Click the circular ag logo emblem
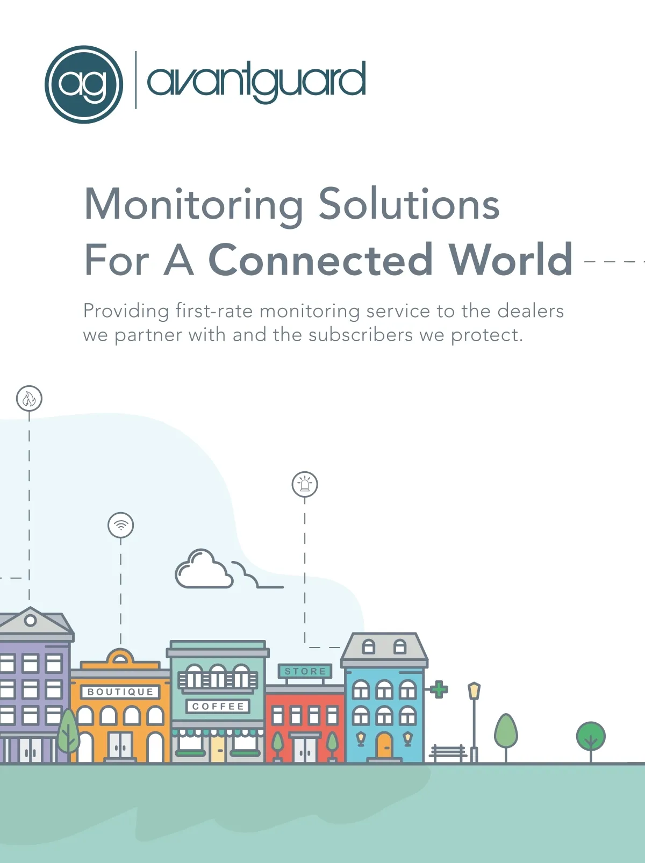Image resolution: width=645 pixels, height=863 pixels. [x=84, y=84]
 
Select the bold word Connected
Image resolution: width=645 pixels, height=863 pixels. [x=320, y=260]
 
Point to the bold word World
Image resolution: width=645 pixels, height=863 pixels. [x=511, y=259]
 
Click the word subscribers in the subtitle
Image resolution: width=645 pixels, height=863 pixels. [x=361, y=335]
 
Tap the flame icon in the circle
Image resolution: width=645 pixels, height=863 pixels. [x=29, y=399]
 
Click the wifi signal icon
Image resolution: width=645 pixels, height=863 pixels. [x=121, y=526]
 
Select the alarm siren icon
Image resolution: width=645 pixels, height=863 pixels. [x=305, y=484]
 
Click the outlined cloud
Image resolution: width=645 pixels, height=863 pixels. [x=204, y=569]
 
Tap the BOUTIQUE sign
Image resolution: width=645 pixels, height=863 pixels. [x=120, y=692]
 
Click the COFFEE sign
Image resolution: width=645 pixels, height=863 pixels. [x=218, y=706]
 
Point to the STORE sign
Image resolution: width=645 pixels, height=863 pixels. [x=305, y=671]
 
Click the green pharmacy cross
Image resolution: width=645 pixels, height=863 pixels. [x=439, y=689]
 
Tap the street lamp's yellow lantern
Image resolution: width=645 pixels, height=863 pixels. [x=474, y=692]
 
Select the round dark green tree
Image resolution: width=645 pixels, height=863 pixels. [x=591, y=736]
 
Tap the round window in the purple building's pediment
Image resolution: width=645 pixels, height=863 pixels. [x=30, y=621]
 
